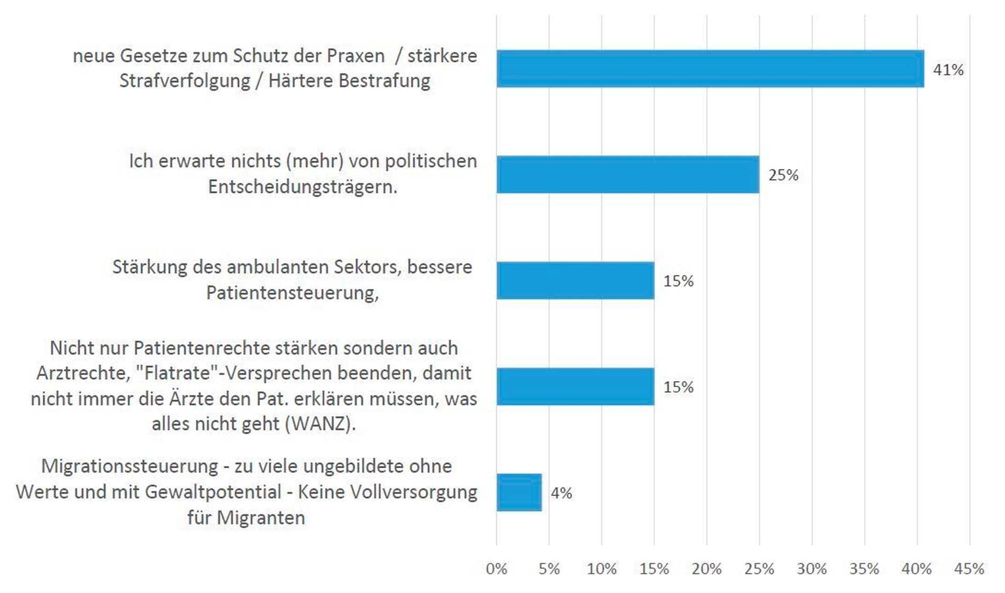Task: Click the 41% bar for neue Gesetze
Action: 710,69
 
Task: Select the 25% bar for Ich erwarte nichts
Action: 628,174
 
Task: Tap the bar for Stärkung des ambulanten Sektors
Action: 575,281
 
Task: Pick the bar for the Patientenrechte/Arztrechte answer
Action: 575,386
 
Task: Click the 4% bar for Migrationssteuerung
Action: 519,493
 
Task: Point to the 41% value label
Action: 948,70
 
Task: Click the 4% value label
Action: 561,493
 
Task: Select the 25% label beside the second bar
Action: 783,175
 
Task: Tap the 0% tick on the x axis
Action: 496,569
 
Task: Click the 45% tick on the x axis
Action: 969,569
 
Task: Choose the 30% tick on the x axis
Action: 811,569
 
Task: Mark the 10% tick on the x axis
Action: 601,569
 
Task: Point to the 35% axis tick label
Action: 864,569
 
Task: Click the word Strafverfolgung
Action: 185,81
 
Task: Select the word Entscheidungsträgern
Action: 302,187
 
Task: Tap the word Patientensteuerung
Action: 292,292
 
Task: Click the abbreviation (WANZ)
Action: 321,424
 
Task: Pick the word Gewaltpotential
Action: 213,492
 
